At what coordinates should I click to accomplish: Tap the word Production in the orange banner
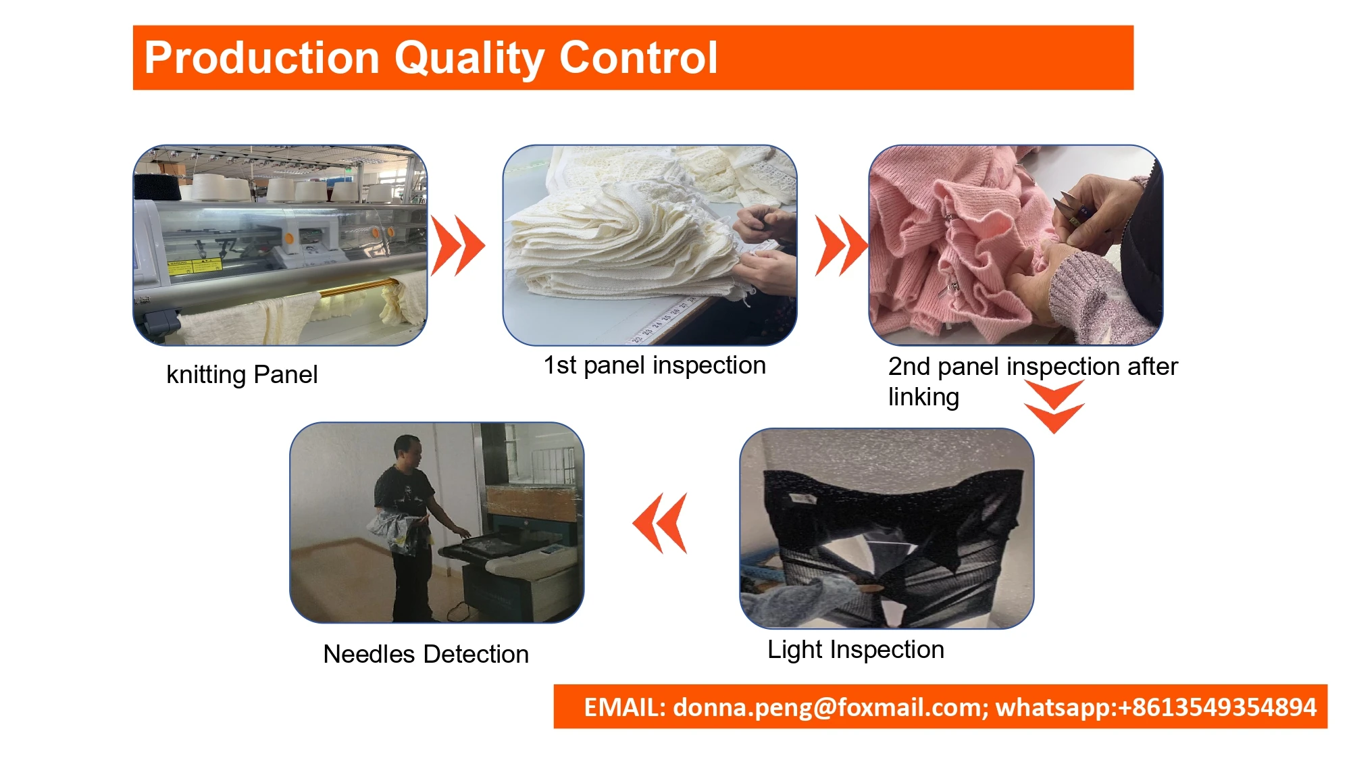click(262, 57)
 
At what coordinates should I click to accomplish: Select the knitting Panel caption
click(242, 375)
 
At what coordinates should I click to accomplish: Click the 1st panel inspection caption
click(655, 365)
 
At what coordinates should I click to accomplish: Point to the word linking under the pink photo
click(923, 397)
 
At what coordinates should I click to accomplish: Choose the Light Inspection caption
click(856, 650)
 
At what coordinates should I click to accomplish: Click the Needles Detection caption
click(426, 654)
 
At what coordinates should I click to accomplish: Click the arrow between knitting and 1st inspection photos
click(458, 245)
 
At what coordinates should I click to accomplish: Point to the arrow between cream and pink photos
click(841, 245)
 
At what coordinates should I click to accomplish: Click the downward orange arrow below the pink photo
click(1054, 406)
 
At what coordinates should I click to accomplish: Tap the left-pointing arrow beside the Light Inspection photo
click(660, 523)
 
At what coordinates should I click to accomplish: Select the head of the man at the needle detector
click(407, 451)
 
